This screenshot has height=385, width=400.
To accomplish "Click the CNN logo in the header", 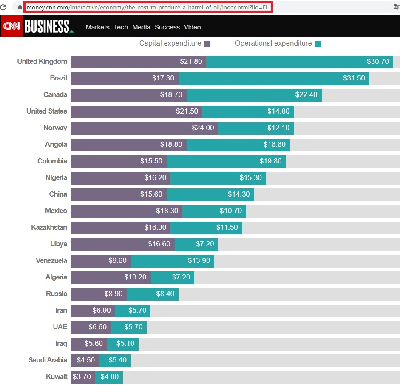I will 11,26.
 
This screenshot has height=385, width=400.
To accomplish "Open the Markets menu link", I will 97,27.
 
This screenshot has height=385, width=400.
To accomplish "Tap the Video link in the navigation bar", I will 192,27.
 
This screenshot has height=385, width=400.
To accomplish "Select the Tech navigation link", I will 121,27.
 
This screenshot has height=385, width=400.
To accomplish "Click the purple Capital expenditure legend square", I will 207,43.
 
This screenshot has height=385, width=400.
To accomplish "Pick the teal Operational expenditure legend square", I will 318,43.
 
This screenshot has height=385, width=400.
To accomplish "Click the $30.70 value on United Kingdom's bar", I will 378,61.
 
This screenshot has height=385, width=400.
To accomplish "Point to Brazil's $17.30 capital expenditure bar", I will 125,78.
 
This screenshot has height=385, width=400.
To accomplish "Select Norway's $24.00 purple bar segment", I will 145,128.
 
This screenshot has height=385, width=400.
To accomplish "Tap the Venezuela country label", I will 51,260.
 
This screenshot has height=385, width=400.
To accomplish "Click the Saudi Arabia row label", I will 48,360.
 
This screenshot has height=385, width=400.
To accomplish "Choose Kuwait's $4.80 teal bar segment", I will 109,376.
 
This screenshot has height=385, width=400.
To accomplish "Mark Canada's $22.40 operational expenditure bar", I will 254,94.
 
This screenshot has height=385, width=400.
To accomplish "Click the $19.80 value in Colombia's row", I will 270,161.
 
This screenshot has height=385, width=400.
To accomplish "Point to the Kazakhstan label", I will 49,227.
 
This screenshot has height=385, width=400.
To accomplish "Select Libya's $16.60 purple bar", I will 123,244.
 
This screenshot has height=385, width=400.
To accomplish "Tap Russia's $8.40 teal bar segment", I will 153,294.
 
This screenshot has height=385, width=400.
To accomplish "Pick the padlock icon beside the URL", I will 20,8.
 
